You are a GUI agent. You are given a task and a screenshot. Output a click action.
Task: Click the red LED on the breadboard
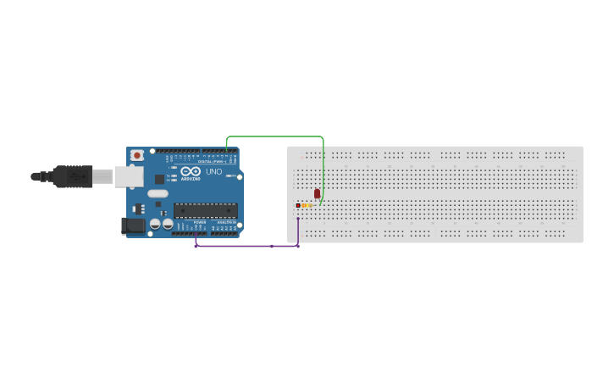(x=317, y=193)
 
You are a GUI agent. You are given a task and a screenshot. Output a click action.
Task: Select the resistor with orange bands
(x=304, y=205)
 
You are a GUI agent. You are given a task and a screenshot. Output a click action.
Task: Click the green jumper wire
(x=275, y=136)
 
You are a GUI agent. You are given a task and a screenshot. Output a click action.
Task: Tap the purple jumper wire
(x=246, y=246)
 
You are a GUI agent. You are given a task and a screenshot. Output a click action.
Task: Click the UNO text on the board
(x=213, y=172)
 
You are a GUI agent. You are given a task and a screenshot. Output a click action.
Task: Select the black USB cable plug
(x=71, y=176)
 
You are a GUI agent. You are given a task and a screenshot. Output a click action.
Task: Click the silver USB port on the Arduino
(x=128, y=175)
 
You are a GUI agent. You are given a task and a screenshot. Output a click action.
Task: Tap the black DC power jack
(x=133, y=225)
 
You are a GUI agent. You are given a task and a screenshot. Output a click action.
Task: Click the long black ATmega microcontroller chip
(x=205, y=210)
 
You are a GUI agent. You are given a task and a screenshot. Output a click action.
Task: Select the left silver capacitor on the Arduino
(x=156, y=224)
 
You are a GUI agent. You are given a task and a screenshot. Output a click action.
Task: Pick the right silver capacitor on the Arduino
(x=168, y=224)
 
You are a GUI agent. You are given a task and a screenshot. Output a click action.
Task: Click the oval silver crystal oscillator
(x=158, y=193)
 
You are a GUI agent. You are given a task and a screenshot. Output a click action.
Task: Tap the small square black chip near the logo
(x=159, y=179)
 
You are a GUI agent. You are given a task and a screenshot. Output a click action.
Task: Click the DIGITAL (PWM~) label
(x=211, y=161)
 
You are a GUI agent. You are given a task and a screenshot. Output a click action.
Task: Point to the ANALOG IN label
(x=226, y=222)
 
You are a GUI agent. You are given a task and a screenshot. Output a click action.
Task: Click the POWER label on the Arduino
(x=200, y=222)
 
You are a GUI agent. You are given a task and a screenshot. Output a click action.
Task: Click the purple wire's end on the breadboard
(x=298, y=218)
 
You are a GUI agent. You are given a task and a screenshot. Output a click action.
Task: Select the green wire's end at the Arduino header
(x=226, y=152)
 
